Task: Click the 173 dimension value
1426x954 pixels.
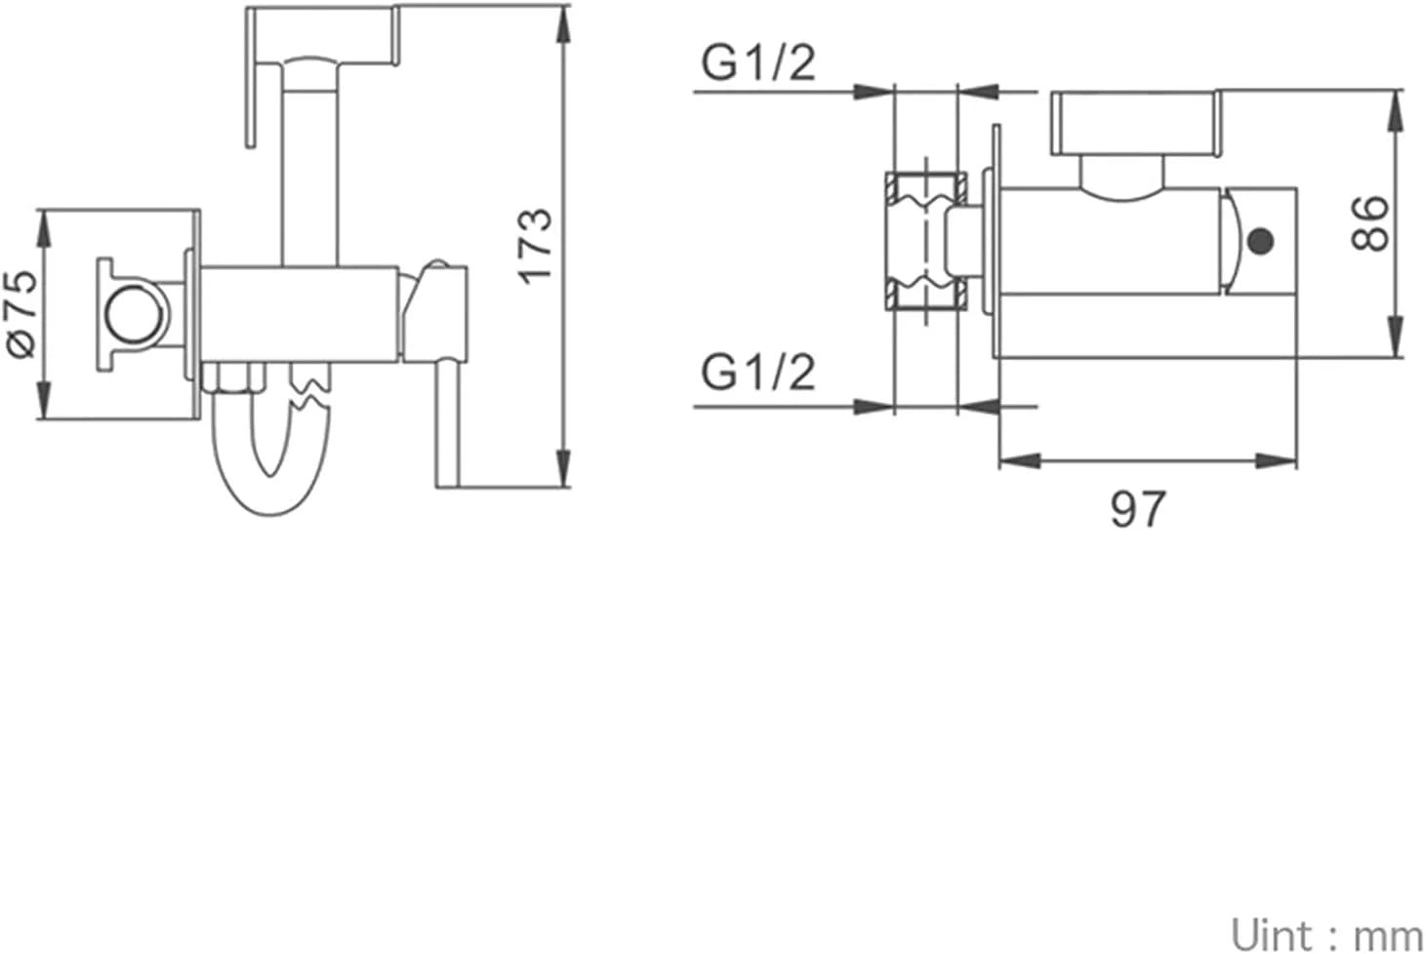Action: click(x=535, y=246)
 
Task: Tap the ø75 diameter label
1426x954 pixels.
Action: click(x=22, y=314)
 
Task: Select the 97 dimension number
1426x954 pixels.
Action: click(x=1138, y=508)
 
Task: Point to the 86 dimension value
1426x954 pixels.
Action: click(x=1368, y=223)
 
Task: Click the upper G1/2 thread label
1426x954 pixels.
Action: click(x=757, y=63)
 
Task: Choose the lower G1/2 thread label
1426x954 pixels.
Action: click(x=757, y=373)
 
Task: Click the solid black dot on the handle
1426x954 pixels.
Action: click(x=1261, y=241)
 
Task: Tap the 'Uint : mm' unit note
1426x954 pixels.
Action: click(x=1326, y=935)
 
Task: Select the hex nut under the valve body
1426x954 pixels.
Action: click(x=233, y=378)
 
